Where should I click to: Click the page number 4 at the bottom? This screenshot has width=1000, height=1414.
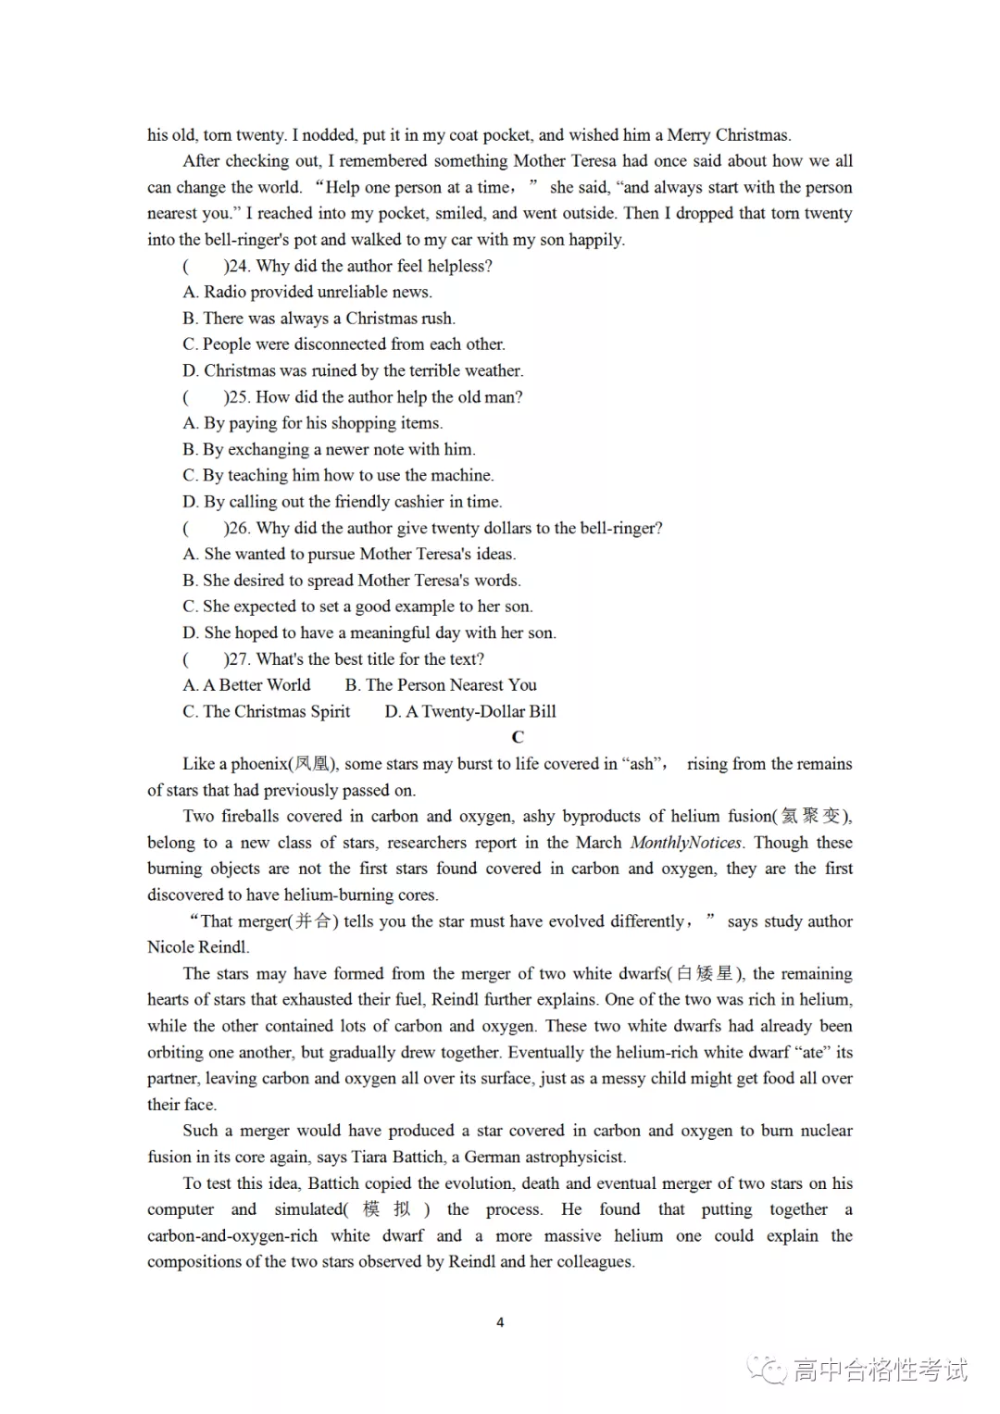coord(500,1322)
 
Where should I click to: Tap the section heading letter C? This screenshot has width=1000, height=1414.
coord(518,737)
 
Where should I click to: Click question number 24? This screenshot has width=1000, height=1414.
coord(239,266)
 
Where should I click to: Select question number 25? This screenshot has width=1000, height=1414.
coord(239,397)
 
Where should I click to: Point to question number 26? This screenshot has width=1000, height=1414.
coord(239,528)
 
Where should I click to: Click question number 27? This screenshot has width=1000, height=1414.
coord(239,659)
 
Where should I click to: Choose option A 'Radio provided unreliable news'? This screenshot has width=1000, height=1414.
coord(307,292)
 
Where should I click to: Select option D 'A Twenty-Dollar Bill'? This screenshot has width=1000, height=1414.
coord(470,711)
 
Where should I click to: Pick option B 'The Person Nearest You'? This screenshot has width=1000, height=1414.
coord(441,685)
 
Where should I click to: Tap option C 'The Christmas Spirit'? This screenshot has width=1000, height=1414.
coord(267,711)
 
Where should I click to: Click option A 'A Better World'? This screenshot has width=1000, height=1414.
coord(247,685)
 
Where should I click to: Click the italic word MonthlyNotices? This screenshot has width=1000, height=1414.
coord(685,843)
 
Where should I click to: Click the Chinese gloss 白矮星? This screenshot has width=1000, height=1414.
coord(705,973)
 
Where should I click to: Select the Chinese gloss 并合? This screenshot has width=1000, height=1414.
coord(316,921)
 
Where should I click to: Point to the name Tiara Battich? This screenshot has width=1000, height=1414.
coord(395,1157)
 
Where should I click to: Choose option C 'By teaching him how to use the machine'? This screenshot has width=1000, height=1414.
coord(338,475)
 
